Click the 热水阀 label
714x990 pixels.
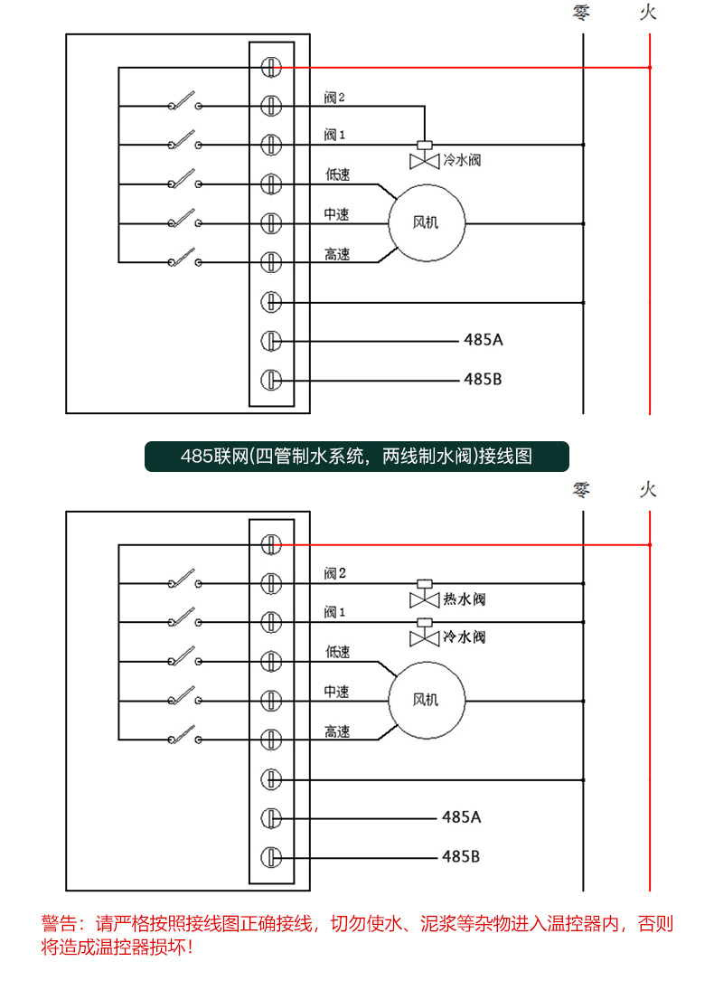point(465,599)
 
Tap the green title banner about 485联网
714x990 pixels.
point(356,457)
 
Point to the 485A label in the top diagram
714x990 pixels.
point(483,341)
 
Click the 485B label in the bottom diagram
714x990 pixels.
point(461,855)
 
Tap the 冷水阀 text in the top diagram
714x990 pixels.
point(461,160)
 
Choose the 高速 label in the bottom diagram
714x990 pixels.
point(337,731)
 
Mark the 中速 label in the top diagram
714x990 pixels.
point(337,214)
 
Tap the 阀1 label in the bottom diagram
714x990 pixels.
point(334,612)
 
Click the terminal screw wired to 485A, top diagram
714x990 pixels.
point(271,341)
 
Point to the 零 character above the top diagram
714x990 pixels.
point(582,13)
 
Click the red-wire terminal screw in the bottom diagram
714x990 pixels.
point(271,544)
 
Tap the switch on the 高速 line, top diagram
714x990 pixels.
point(184,258)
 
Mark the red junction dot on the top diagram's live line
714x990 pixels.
point(650,67)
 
